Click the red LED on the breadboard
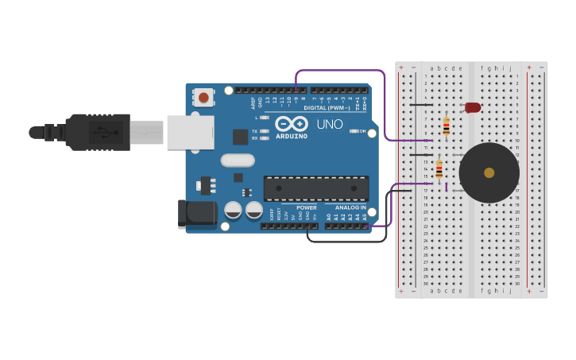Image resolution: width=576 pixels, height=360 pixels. pyautogui.click(x=473, y=107)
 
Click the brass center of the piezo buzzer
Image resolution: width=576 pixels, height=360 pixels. pyautogui.click(x=489, y=172)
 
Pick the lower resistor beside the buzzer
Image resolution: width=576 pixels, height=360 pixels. pyautogui.click(x=439, y=169)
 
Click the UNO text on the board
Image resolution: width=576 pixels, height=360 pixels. pyautogui.click(x=330, y=125)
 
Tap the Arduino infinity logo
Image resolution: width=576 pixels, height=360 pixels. pyautogui.click(x=292, y=124)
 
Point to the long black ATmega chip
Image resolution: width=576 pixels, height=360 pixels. pyautogui.click(x=315, y=188)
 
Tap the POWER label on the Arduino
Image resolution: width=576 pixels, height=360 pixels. pyautogui.click(x=307, y=207)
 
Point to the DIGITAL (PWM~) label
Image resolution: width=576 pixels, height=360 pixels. pyautogui.click(x=327, y=107)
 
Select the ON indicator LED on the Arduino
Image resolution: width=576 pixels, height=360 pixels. pyautogui.click(x=354, y=131)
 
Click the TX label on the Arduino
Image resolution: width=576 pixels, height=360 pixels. pyautogui.click(x=255, y=131)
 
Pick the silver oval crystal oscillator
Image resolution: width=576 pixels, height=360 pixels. pyautogui.click(x=238, y=161)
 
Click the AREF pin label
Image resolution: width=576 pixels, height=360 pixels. pyautogui.click(x=254, y=101)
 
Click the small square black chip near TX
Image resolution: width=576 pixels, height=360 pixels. pyautogui.click(x=240, y=137)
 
